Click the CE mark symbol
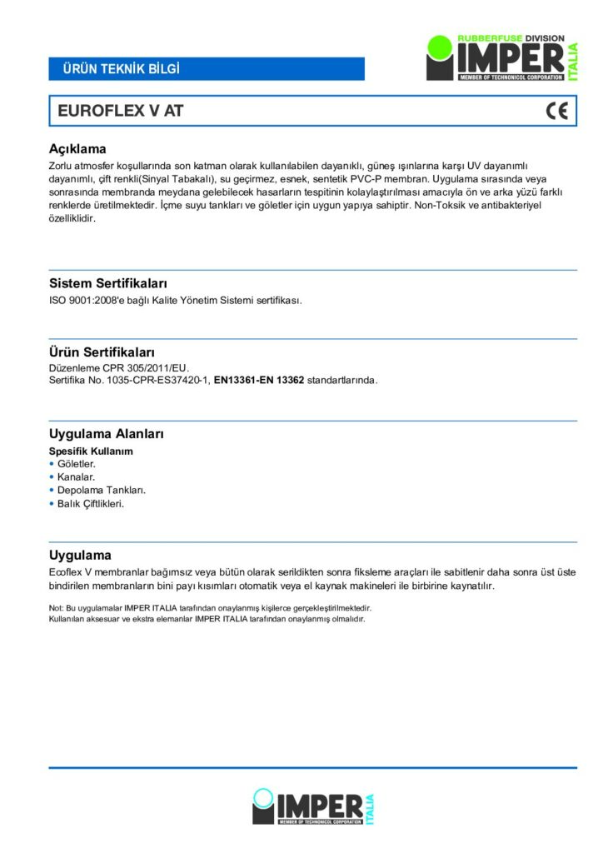[556, 111]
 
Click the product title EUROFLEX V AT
[120, 111]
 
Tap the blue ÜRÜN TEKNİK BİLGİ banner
[207, 68]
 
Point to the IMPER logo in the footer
[313, 806]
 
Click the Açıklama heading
[77, 149]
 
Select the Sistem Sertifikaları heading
[108, 283]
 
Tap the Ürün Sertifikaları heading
[102, 352]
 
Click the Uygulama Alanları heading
[106, 434]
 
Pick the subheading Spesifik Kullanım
[91, 451]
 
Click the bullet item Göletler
[77, 463]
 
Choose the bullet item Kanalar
[76, 476]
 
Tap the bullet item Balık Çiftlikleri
[91, 503]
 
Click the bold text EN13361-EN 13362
[259, 381]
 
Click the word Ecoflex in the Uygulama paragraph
[67, 572]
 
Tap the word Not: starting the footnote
[57, 608]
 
